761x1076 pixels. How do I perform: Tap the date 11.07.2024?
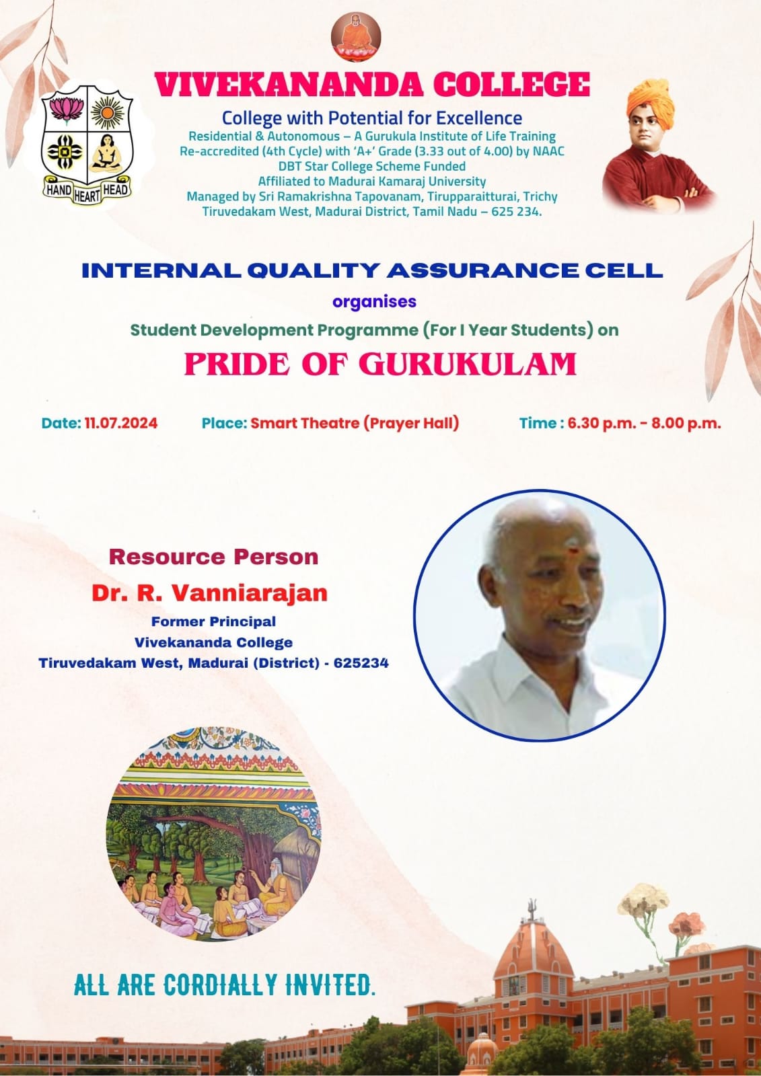click(121, 423)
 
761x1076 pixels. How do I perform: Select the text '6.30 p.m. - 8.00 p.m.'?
click(644, 423)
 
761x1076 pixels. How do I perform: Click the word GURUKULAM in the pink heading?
click(468, 364)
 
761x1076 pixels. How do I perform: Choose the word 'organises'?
click(375, 302)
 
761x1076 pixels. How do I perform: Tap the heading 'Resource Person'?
click(214, 557)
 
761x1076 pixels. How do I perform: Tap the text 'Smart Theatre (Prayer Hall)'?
click(355, 423)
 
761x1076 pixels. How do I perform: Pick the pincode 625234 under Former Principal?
click(361, 663)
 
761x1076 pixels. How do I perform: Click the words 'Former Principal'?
click(213, 621)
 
